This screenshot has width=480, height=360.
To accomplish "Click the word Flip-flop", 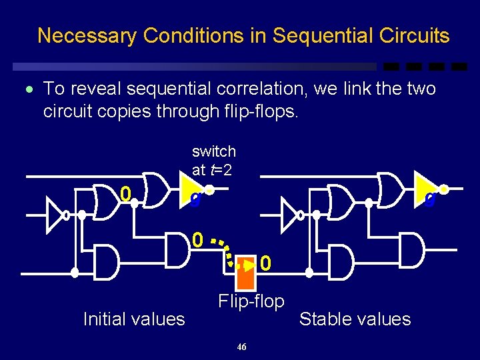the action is [x=251, y=301].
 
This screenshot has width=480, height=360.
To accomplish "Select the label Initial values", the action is [x=133, y=319].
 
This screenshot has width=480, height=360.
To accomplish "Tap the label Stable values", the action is [x=355, y=319].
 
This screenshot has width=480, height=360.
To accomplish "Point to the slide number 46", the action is [x=241, y=347].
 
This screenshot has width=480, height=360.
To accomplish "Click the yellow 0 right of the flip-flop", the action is [x=265, y=265].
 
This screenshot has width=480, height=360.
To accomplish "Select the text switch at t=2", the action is [x=213, y=161].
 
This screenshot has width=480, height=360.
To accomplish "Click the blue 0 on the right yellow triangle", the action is [x=430, y=199].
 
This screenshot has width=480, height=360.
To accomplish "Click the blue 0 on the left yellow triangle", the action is [x=194, y=199].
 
